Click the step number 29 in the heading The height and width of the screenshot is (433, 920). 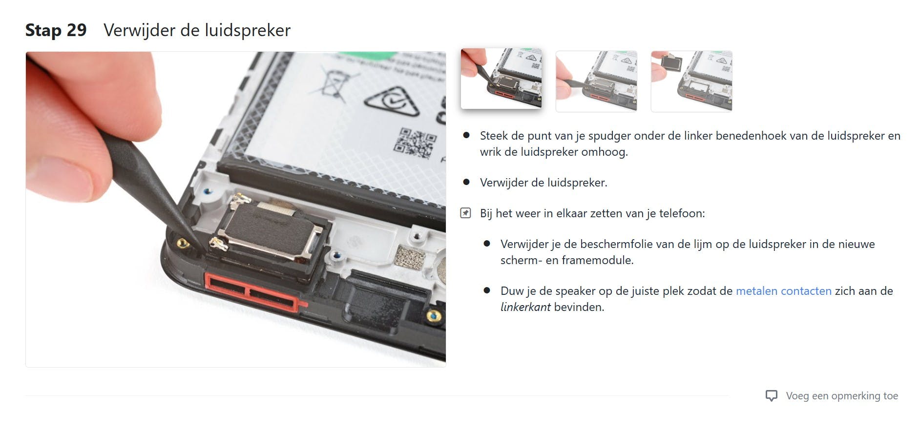click(x=76, y=30)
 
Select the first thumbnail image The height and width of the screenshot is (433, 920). click(x=501, y=79)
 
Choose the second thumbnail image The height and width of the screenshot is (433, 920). click(x=596, y=82)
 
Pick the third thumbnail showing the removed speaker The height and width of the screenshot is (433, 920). click(x=691, y=82)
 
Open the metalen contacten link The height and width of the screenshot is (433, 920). click(x=783, y=291)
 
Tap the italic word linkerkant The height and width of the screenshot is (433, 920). click(x=525, y=307)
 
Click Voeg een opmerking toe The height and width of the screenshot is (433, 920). click(x=841, y=396)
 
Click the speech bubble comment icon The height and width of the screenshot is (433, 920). click(x=772, y=396)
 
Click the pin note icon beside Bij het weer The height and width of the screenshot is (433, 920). click(x=466, y=213)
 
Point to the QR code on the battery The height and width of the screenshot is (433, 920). click(x=415, y=143)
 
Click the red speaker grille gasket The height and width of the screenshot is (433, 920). click(x=251, y=292)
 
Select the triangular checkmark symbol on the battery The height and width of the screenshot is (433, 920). click(x=391, y=102)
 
